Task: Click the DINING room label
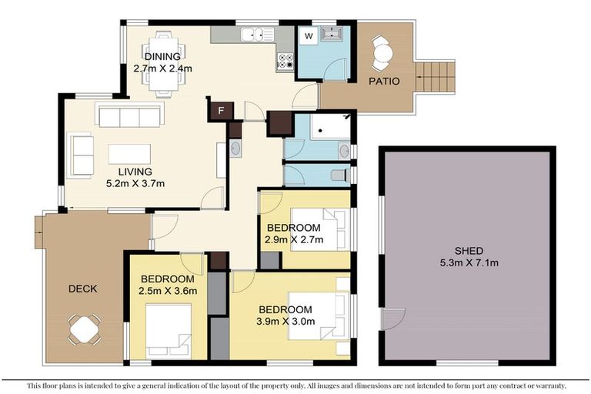(x=162, y=57)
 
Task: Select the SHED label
(x=469, y=251)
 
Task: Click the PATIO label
(x=383, y=81)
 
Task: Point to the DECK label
(x=82, y=289)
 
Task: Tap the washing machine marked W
(x=308, y=35)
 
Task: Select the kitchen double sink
(x=256, y=35)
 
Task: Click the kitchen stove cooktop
(x=285, y=62)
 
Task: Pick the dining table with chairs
(x=162, y=63)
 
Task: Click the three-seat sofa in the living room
(x=129, y=115)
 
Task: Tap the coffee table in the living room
(x=129, y=154)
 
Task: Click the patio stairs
(x=436, y=77)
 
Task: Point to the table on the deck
(x=84, y=330)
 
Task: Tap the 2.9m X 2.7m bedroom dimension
(x=295, y=239)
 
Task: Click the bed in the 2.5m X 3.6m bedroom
(x=168, y=330)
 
